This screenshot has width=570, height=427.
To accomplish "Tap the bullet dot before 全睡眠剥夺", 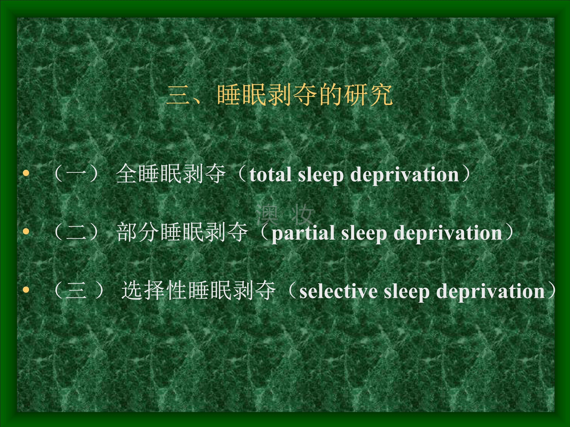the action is tap(26, 173).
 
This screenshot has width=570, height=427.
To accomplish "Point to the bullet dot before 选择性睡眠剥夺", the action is tap(26, 290).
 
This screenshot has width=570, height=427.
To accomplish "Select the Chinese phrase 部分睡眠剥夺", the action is tap(182, 232).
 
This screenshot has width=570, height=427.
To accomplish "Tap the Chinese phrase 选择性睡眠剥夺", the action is tap(198, 291).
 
